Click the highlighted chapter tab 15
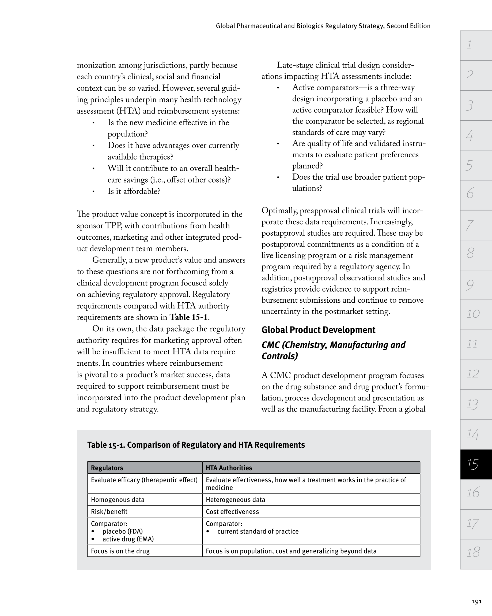coord(475,464)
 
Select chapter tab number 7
coord(475,225)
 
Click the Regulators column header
coord(107,468)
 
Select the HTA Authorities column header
coord(229,468)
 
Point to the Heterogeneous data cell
coord(236,499)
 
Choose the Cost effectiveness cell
coord(232,511)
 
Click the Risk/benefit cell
coord(109,511)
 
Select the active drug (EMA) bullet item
coord(128,539)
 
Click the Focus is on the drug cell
coord(120,551)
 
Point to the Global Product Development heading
coord(318,330)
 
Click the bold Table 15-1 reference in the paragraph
coord(189,317)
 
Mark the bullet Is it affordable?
coord(134,191)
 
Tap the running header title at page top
coord(323,26)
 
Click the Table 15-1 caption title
coord(196,445)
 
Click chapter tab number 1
coord(475,45)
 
